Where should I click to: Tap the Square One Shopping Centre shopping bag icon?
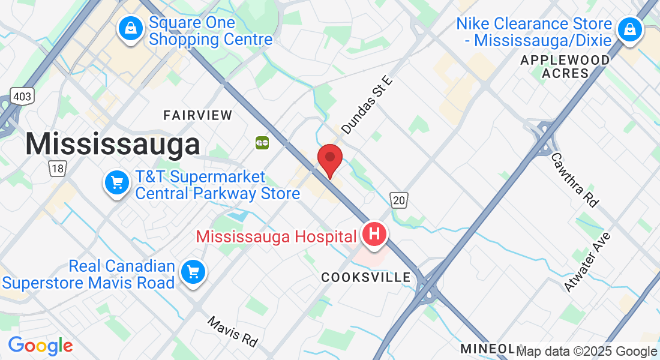coord(130,28)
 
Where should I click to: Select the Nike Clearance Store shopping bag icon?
coord(630,28)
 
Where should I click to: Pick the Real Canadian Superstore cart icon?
coord(193,272)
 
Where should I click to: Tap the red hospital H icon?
coord(374,233)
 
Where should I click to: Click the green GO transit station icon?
coord(262,143)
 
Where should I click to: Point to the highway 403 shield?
coord(22,96)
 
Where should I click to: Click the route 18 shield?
coord(57,169)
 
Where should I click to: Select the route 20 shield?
coord(399,200)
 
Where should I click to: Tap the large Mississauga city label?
coord(112,145)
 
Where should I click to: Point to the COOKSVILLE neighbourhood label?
coord(366,277)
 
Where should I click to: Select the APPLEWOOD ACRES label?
coord(565,67)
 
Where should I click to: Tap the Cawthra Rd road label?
coord(575,179)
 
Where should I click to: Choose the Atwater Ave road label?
coord(587,262)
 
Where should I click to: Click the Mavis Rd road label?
coord(233,331)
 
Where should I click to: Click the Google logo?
coord(40,346)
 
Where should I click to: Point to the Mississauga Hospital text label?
coord(276,236)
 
